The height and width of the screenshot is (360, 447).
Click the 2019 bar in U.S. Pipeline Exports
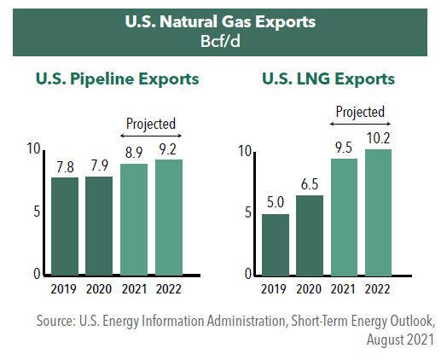[65, 226]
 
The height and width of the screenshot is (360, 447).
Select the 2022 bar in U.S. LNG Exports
[378, 212]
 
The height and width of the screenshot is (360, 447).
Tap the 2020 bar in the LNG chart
[310, 235]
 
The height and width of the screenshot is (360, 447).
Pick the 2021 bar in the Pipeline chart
[134, 219]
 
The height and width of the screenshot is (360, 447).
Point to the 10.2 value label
[378, 138]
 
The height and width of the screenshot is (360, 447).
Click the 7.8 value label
[65, 167]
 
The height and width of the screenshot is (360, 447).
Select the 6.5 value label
[310, 184]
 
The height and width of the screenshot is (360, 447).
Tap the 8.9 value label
[134, 153]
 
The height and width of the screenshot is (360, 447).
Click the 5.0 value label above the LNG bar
[276, 202]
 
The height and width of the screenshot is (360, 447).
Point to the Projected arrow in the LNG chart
[360, 124]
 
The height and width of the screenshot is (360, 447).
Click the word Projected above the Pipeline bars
[151, 124]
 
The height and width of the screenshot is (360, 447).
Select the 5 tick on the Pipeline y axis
[37, 212]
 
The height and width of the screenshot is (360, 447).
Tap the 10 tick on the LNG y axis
[245, 151]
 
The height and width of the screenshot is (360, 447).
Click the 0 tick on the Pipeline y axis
[37, 274]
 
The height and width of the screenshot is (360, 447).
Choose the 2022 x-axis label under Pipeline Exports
[169, 289]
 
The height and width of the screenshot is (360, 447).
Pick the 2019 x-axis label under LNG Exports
[273, 289]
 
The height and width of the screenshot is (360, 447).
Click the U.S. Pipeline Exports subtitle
[117, 79]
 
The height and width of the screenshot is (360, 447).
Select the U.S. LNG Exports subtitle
[328, 78]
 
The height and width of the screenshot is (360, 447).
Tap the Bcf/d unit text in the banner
[220, 41]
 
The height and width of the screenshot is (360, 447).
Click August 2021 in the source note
[400, 340]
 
